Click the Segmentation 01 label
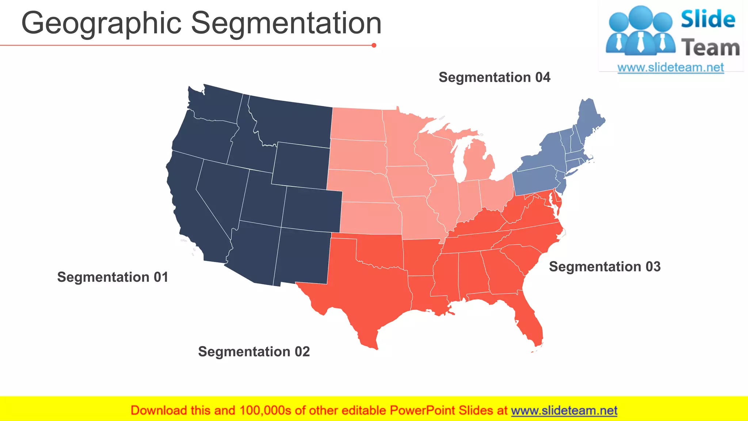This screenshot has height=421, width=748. pos(112,277)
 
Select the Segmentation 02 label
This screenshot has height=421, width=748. pos(254,352)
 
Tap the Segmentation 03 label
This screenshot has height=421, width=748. pos(604,266)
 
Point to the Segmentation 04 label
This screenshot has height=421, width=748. pos(494,77)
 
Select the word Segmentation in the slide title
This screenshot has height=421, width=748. pos(286,23)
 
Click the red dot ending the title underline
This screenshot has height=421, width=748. pos(374,45)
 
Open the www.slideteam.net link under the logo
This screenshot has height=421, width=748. pos(671,67)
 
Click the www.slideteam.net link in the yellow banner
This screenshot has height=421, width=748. pos(564,410)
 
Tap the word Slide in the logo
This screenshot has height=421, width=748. pos(708,19)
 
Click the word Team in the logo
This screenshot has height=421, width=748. pos(710,48)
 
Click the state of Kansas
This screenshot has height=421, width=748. pos(371,218)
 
